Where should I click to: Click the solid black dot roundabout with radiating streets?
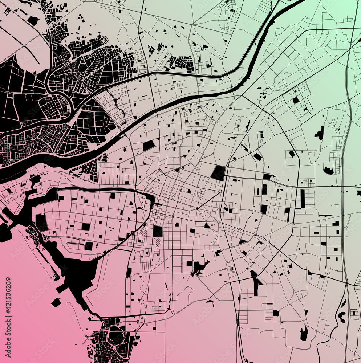197,209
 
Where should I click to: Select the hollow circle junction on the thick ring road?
219,222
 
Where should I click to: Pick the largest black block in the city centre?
218,173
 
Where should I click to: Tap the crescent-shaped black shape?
341,318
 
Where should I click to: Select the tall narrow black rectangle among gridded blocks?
303,198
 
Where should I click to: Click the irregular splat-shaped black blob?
198,268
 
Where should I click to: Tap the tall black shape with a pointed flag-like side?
256,283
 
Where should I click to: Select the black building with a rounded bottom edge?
329,171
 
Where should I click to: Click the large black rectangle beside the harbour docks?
41,222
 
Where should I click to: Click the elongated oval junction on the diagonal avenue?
239,229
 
